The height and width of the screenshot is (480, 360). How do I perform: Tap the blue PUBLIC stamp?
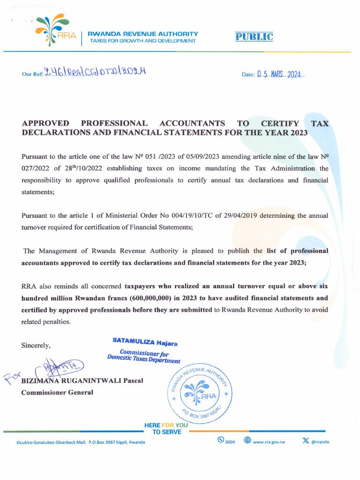pos(254,37)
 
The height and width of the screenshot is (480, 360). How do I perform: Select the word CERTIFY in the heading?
pos(280,123)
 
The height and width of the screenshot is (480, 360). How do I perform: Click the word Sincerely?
pos(36,345)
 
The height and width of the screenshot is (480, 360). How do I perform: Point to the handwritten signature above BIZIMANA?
pos(56,368)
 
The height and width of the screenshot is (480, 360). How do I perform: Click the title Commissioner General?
pos(57,392)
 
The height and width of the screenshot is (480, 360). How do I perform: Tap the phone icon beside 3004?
pos(220,440)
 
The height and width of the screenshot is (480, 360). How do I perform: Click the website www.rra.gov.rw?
pos(269,442)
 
